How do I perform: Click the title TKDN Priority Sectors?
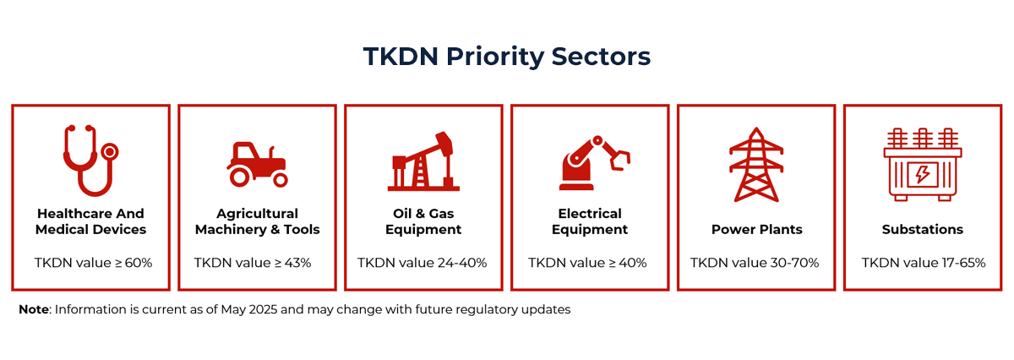[507, 56]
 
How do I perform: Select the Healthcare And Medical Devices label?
[90, 221]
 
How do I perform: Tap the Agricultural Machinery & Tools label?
[258, 221]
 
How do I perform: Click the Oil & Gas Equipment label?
[423, 221]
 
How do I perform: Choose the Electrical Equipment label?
[590, 221]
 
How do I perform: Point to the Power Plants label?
[756, 229]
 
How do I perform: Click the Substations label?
[923, 229]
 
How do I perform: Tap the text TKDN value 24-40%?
[422, 263]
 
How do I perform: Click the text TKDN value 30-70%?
[755, 263]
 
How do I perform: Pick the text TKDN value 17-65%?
[924, 263]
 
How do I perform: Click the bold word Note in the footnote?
[35, 309]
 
